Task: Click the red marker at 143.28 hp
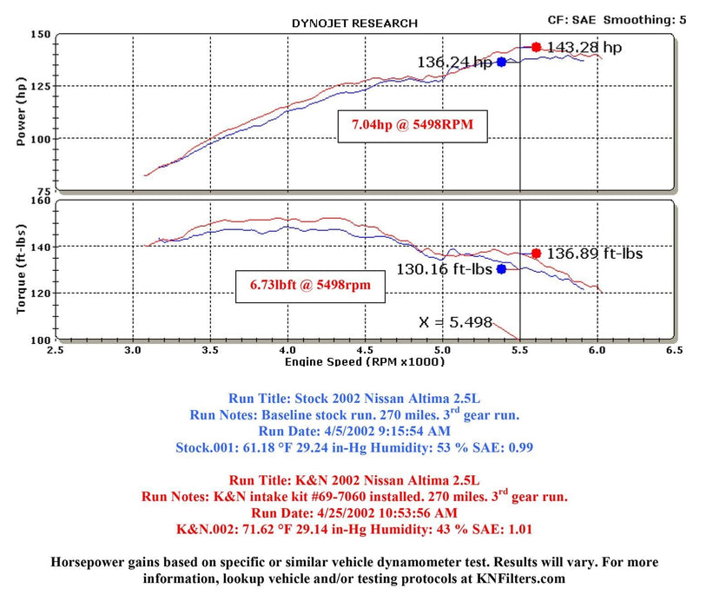tap(536, 47)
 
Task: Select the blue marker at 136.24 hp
tap(501, 62)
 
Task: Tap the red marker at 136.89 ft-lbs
tap(536, 254)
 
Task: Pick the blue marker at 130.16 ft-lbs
tap(501, 269)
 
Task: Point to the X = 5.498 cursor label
tap(455, 321)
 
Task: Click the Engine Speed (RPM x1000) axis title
tap(362, 360)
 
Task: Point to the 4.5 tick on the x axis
tap(364, 350)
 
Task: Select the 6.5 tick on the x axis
tap(671, 350)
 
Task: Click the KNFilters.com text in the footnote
tap(511, 577)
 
